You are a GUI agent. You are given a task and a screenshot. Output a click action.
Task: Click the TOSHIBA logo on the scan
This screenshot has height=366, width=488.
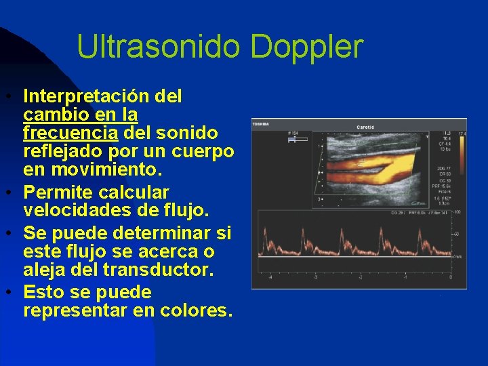[262, 124]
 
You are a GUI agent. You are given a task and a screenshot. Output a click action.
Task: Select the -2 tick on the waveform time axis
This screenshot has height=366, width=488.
[361, 277]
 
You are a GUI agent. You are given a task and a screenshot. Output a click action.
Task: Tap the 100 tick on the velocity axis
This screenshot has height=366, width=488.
[458, 213]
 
